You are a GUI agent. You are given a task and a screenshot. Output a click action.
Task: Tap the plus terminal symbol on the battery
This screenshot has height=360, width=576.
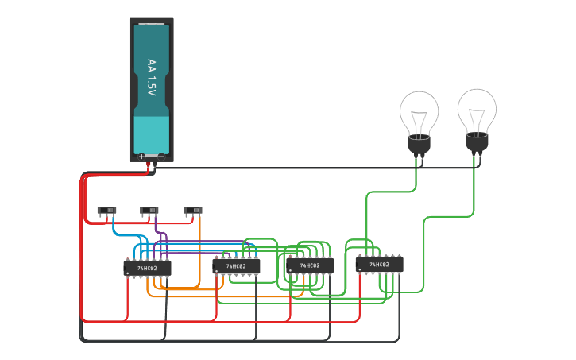pos(142,157)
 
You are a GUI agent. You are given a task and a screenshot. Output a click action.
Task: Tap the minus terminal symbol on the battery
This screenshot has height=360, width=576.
pos(161,157)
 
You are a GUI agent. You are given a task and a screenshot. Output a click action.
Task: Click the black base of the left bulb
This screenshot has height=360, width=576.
pos(419,145)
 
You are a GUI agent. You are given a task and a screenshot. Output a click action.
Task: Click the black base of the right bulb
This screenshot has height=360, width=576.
pos(477,142)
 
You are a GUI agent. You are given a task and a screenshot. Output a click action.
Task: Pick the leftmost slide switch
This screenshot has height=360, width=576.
pos(106,211)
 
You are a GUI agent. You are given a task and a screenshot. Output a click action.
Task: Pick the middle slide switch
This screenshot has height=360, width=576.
pos(149,211)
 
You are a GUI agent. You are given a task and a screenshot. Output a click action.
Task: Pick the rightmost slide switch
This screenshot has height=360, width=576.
pos(193,211)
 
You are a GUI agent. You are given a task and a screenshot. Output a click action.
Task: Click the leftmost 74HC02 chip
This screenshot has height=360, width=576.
pos(147,269)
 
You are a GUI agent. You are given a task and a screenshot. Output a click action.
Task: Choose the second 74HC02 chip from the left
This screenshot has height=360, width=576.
pos(236,266)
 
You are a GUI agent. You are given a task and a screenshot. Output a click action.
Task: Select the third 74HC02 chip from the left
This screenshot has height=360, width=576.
pos(310,265)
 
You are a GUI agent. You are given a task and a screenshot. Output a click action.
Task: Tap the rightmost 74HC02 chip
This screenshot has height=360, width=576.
pos(380,264)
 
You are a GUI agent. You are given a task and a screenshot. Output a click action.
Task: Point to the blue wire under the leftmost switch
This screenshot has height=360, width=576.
pos(114,226)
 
